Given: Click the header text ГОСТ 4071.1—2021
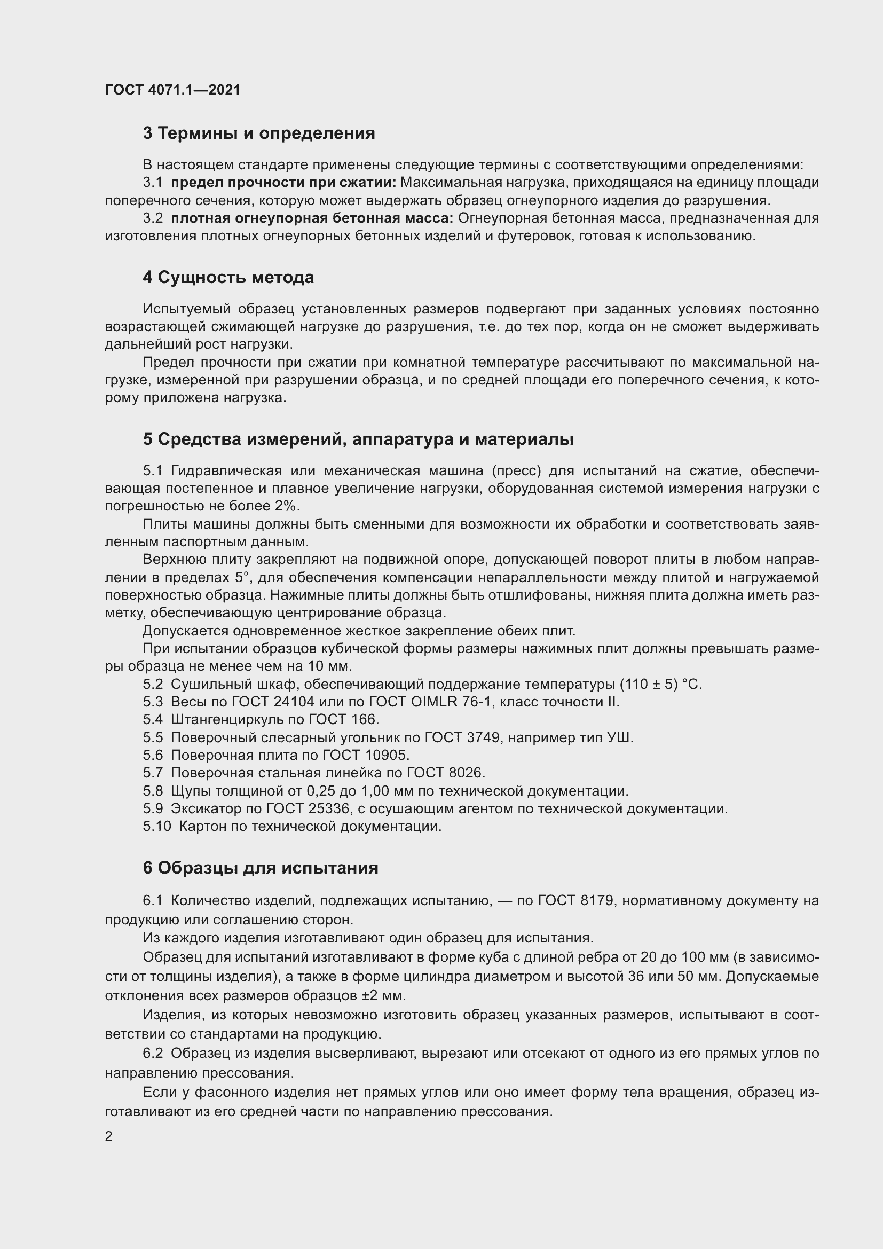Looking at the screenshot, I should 172,90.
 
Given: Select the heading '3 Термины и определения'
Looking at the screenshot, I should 259,133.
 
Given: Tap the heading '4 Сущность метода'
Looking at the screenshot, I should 228,278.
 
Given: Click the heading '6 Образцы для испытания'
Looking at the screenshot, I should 261,868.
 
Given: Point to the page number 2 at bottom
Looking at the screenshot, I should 109,1136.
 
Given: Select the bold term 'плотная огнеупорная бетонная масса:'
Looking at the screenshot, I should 312,218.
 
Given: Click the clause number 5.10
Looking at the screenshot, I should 156,826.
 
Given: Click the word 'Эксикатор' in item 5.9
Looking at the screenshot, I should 204,809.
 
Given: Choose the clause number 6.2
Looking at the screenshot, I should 153,1053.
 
